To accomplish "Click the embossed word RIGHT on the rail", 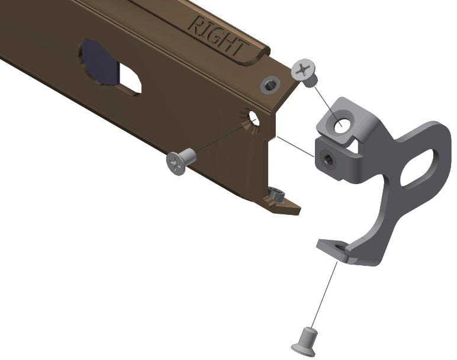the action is point(219,37).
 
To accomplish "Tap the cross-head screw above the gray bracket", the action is point(304,73).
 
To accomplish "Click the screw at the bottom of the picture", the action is point(305,342).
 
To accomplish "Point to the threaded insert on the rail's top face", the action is point(270,84).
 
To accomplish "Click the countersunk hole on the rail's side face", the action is point(250,120).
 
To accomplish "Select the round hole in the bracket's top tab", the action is point(340,127).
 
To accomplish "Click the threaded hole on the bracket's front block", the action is point(328,160).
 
